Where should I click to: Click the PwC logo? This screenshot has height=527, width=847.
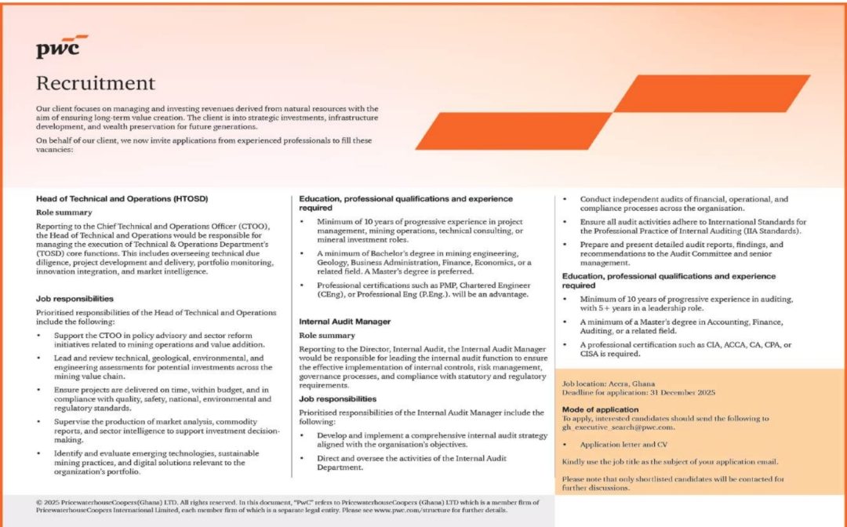pyautogui.click(x=59, y=47)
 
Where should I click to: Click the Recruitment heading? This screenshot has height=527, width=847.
pyautogui.click(x=96, y=83)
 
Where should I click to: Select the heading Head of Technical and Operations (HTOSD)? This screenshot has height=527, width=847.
pyautogui.click(x=122, y=199)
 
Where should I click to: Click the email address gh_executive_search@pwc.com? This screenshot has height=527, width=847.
pyautogui.click(x=619, y=428)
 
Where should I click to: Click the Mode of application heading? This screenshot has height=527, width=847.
pyautogui.click(x=600, y=409)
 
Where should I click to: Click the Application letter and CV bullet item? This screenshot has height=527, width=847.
pyautogui.click(x=623, y=444)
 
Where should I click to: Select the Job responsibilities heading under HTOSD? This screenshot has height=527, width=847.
pyautogui.click(x=75, y=299)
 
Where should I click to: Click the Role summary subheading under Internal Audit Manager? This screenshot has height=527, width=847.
pyautogui.click(x=327, y=335)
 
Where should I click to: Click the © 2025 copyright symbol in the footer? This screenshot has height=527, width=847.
pyautogui.click(x=39, y=500)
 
